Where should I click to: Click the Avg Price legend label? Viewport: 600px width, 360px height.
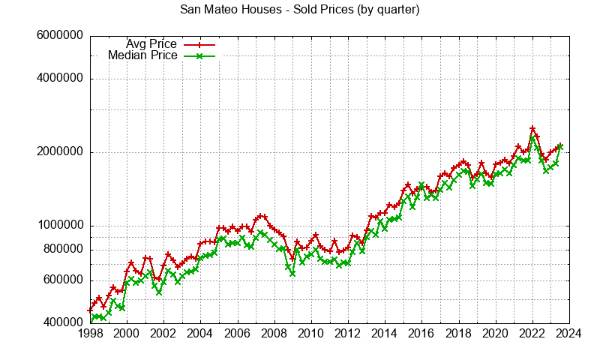tap(151, 43)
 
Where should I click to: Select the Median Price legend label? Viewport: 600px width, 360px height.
tap(142, 55)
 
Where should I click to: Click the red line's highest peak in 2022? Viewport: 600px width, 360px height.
tap(532, 128)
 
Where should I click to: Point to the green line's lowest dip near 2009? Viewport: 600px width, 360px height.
tap(292, 274)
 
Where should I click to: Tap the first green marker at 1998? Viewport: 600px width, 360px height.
tap(91, 322)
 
